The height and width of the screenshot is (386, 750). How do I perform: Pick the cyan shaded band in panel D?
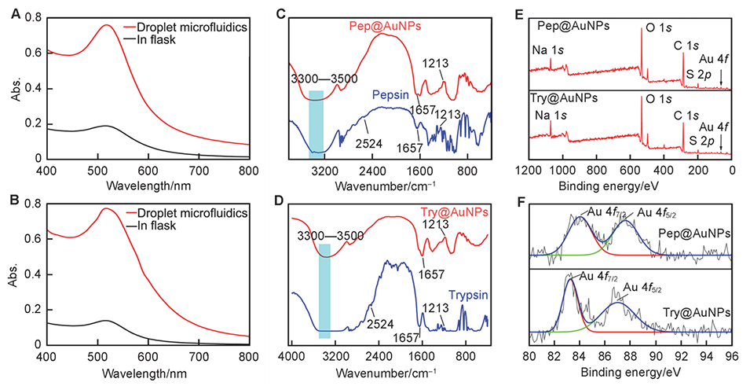(x=324, y=291)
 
